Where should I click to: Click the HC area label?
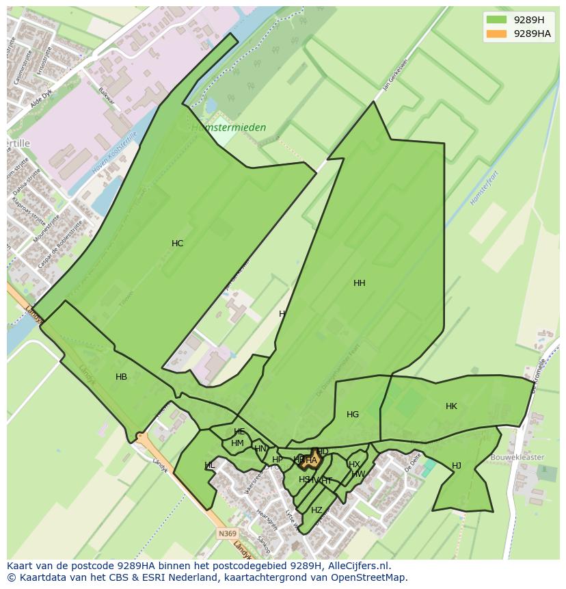pos(177,244)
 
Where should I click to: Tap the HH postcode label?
pos(359,283)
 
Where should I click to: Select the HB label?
pos(121,377)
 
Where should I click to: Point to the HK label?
pos(451,406)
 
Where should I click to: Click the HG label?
pos(352,415)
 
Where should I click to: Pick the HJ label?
pos(456,466)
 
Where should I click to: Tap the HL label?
pos(209,466)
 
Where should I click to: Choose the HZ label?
pos(316,510)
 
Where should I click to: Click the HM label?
pos(237,443)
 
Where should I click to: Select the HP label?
pos(277,460)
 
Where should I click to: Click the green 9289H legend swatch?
pos(496,20)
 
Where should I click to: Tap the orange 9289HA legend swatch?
pos(496,34)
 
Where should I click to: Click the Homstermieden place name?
pos(228,128)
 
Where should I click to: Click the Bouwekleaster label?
pos(517,457)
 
